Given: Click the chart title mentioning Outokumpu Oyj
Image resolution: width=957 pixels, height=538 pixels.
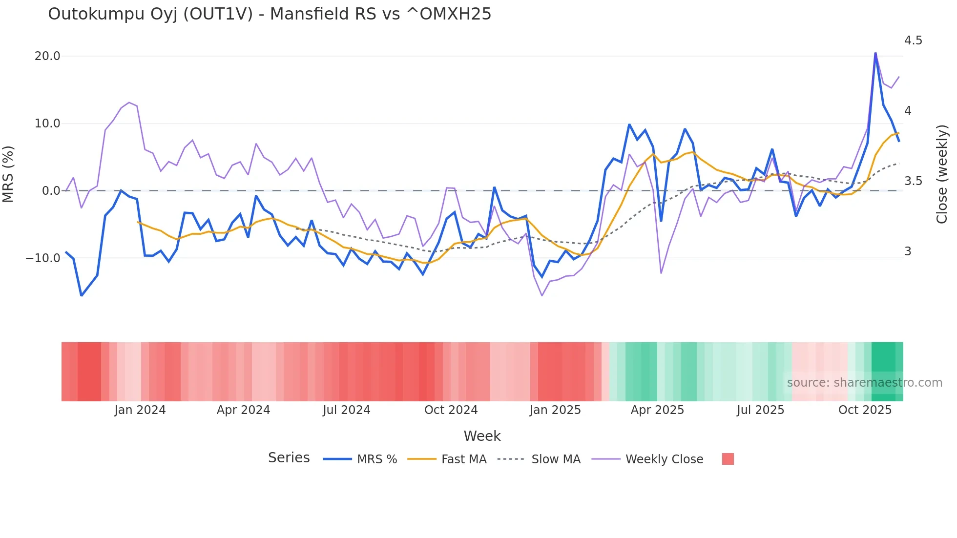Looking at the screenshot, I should click(x=270, y=14).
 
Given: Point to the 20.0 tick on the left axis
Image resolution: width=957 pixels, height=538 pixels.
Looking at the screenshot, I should click(x=47, y=56).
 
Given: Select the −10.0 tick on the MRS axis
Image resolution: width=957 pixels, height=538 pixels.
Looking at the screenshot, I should click(x=43, y=258).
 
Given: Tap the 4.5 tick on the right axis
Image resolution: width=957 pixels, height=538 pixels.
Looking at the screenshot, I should click(x=913, y=41).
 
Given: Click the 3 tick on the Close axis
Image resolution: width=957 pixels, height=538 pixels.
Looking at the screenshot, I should click(x=908, y=251).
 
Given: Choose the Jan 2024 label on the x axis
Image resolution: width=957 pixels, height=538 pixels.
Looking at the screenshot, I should click(x=140, y=410).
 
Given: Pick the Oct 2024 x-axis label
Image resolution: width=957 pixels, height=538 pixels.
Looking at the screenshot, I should click(x=451, y=410).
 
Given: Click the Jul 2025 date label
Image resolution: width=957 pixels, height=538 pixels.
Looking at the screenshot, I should click(x=760, y=410).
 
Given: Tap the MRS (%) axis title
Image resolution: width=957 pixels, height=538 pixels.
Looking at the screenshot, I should click(x=8, y=174).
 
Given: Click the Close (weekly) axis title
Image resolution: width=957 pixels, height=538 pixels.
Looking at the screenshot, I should click(x=942, y=174).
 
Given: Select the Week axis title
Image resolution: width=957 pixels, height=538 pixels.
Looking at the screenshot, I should click(x=482, y=436).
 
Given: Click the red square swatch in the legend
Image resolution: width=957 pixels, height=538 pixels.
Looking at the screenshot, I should click(x=728, y=459).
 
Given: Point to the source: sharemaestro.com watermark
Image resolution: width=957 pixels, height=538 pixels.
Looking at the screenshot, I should click(x=864, y=383).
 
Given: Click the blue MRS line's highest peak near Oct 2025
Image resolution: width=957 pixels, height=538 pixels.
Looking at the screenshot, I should click(x=875, y=53).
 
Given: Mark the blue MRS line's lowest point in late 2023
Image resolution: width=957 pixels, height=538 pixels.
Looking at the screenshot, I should click(x=82, y=295).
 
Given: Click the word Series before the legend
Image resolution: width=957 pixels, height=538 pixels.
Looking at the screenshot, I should click(x=289, y=458).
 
